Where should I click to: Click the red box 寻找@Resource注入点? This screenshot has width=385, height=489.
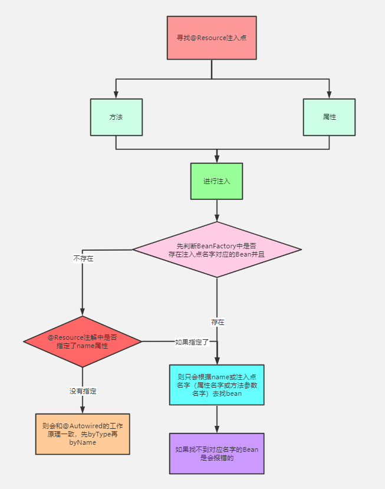tap(212, 38)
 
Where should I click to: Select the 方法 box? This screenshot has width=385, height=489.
tap(116, 117)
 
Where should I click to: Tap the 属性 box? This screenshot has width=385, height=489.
tap(329, 117)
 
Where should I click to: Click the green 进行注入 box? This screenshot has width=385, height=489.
tap(216, 181)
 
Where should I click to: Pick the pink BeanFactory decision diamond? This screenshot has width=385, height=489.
tap(216, 250)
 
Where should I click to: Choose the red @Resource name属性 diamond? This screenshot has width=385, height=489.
tap(83, 341)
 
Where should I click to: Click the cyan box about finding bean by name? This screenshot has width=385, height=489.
tap(216, 385)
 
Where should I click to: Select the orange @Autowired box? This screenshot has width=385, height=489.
tap(83, 433)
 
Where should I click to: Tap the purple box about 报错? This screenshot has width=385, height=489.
tap(216, 454)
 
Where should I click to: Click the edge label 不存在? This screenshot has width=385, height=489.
tap(83, 258)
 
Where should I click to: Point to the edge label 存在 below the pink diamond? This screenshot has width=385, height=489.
tap(218, 322)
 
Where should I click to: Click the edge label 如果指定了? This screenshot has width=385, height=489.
tap(188, 342)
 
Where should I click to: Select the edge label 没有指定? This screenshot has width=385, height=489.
tap(83, 390)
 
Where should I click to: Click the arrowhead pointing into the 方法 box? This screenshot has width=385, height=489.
tap(116, 95)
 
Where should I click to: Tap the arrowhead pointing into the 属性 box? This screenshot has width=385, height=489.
tap(329, 95)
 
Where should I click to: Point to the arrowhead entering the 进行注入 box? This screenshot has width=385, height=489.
tap(216, 159)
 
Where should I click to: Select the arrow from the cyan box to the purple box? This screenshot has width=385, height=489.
tap(216, 419)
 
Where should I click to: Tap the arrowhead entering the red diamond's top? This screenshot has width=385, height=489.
tap(83, 313)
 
